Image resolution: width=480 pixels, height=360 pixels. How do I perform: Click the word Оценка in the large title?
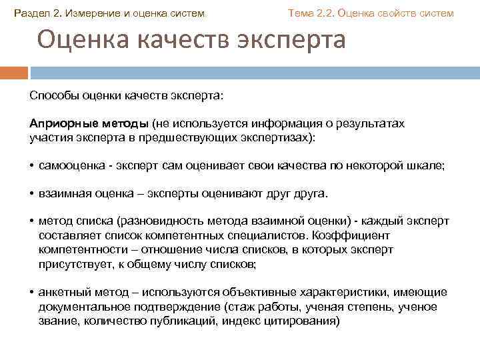pos(84,41)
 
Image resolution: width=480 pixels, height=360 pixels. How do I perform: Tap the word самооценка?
pos(70,165)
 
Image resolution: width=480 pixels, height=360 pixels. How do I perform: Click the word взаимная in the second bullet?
pos(63,194)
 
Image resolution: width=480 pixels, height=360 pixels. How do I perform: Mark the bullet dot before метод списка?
pos(32,222)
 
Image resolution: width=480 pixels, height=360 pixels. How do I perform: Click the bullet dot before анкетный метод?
pos(32,293)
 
